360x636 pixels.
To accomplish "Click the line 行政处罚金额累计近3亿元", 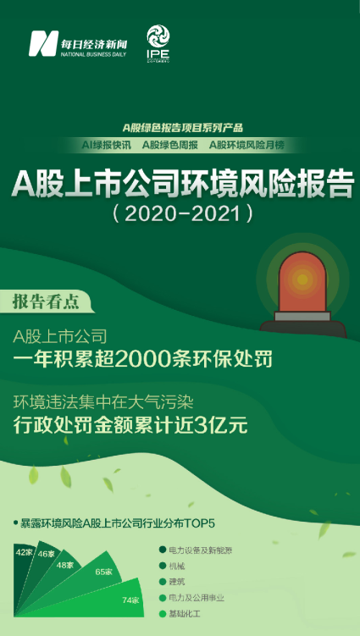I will [130, 425].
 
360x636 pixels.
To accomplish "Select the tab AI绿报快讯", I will [106, 146].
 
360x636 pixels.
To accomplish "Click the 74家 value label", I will [129, 600].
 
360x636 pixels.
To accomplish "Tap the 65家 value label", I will [104, 572].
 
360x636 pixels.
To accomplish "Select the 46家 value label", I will [46, 555].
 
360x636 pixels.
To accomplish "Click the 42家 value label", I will [23, 551].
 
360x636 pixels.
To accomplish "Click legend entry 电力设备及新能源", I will [206, 550].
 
